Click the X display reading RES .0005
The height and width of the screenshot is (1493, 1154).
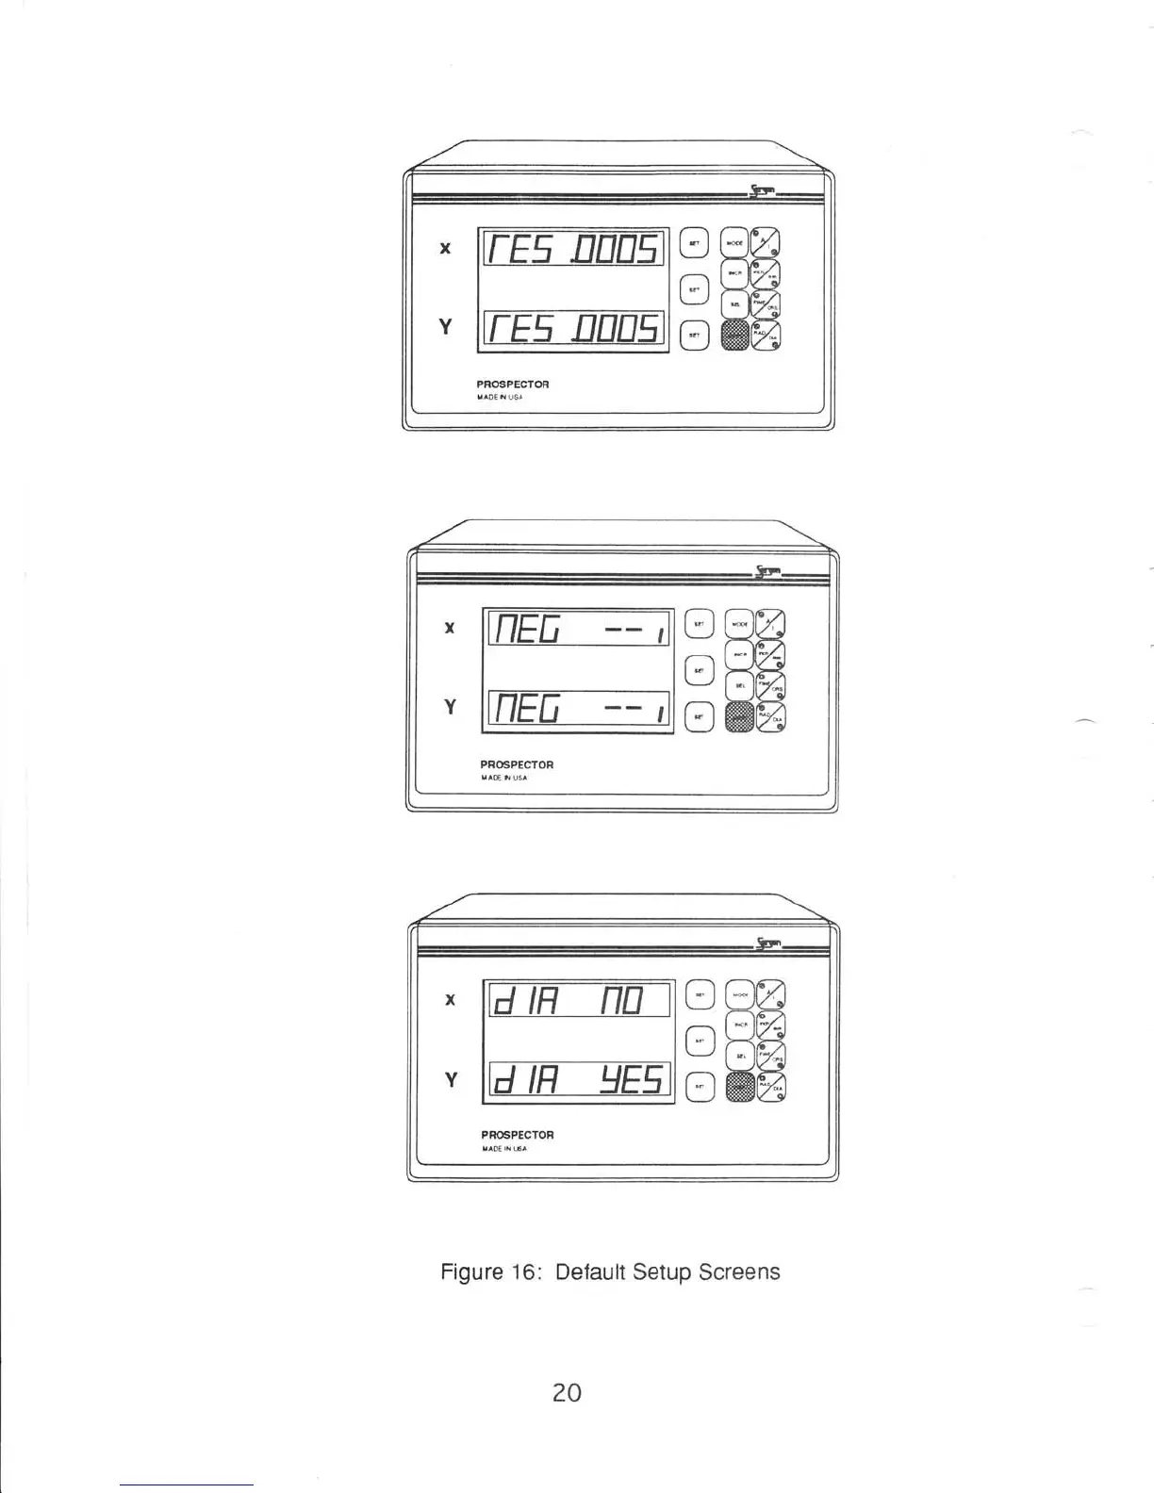(573, 249)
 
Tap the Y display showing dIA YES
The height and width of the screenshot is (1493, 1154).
(577, 1080)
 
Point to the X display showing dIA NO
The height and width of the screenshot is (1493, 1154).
(577, 1000)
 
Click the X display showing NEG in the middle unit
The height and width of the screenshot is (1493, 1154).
(577, 628)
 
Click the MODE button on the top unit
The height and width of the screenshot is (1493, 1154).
(734, 242)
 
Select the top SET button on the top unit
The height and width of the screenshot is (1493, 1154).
(693, 242)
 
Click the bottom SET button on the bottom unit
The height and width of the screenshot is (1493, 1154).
(699, 1086)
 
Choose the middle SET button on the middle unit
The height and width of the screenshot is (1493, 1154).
(699, 670)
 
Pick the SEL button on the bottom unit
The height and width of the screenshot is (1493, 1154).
(741, 1057)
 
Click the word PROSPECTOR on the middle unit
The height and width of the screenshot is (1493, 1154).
(517, 764)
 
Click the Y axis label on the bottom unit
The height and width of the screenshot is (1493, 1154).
(451, 1079)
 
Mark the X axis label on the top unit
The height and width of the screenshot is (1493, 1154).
(446, 249)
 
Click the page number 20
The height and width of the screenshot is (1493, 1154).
(567, 1391)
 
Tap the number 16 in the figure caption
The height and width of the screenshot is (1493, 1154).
(522, 1272)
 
